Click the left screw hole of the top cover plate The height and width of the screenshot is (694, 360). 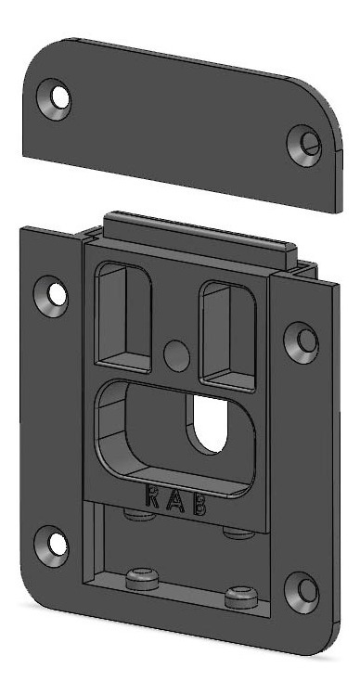(55, 99)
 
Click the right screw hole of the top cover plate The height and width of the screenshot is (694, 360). (304, 145)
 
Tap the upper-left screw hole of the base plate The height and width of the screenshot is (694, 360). (51, 296)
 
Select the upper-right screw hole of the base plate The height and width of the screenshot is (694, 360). (302, 342)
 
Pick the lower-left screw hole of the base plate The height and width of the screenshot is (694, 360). (51, 546)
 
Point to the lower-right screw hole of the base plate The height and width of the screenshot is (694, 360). (302, 593)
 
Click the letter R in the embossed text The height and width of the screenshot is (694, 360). (152, 497)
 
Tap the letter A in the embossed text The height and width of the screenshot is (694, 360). (175, 501)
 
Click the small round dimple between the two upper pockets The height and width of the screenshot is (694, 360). (176, 356)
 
